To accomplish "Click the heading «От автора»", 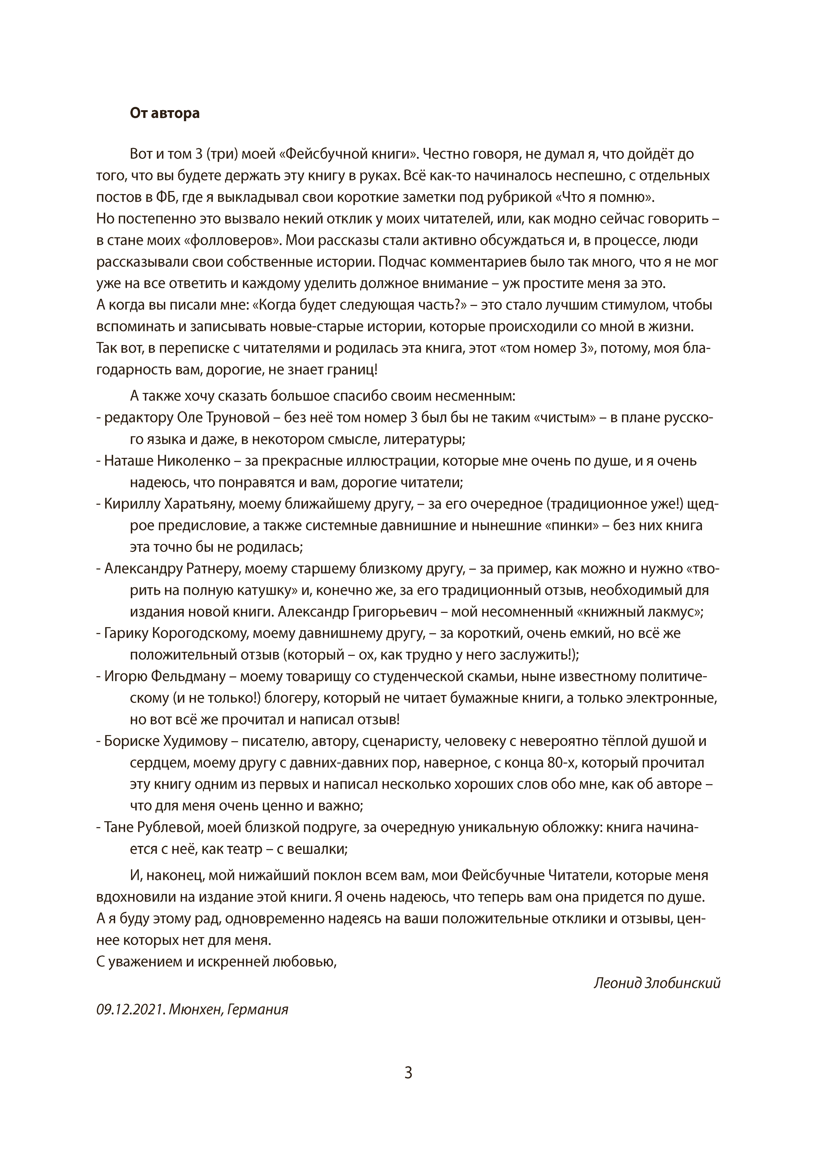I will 165,113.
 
